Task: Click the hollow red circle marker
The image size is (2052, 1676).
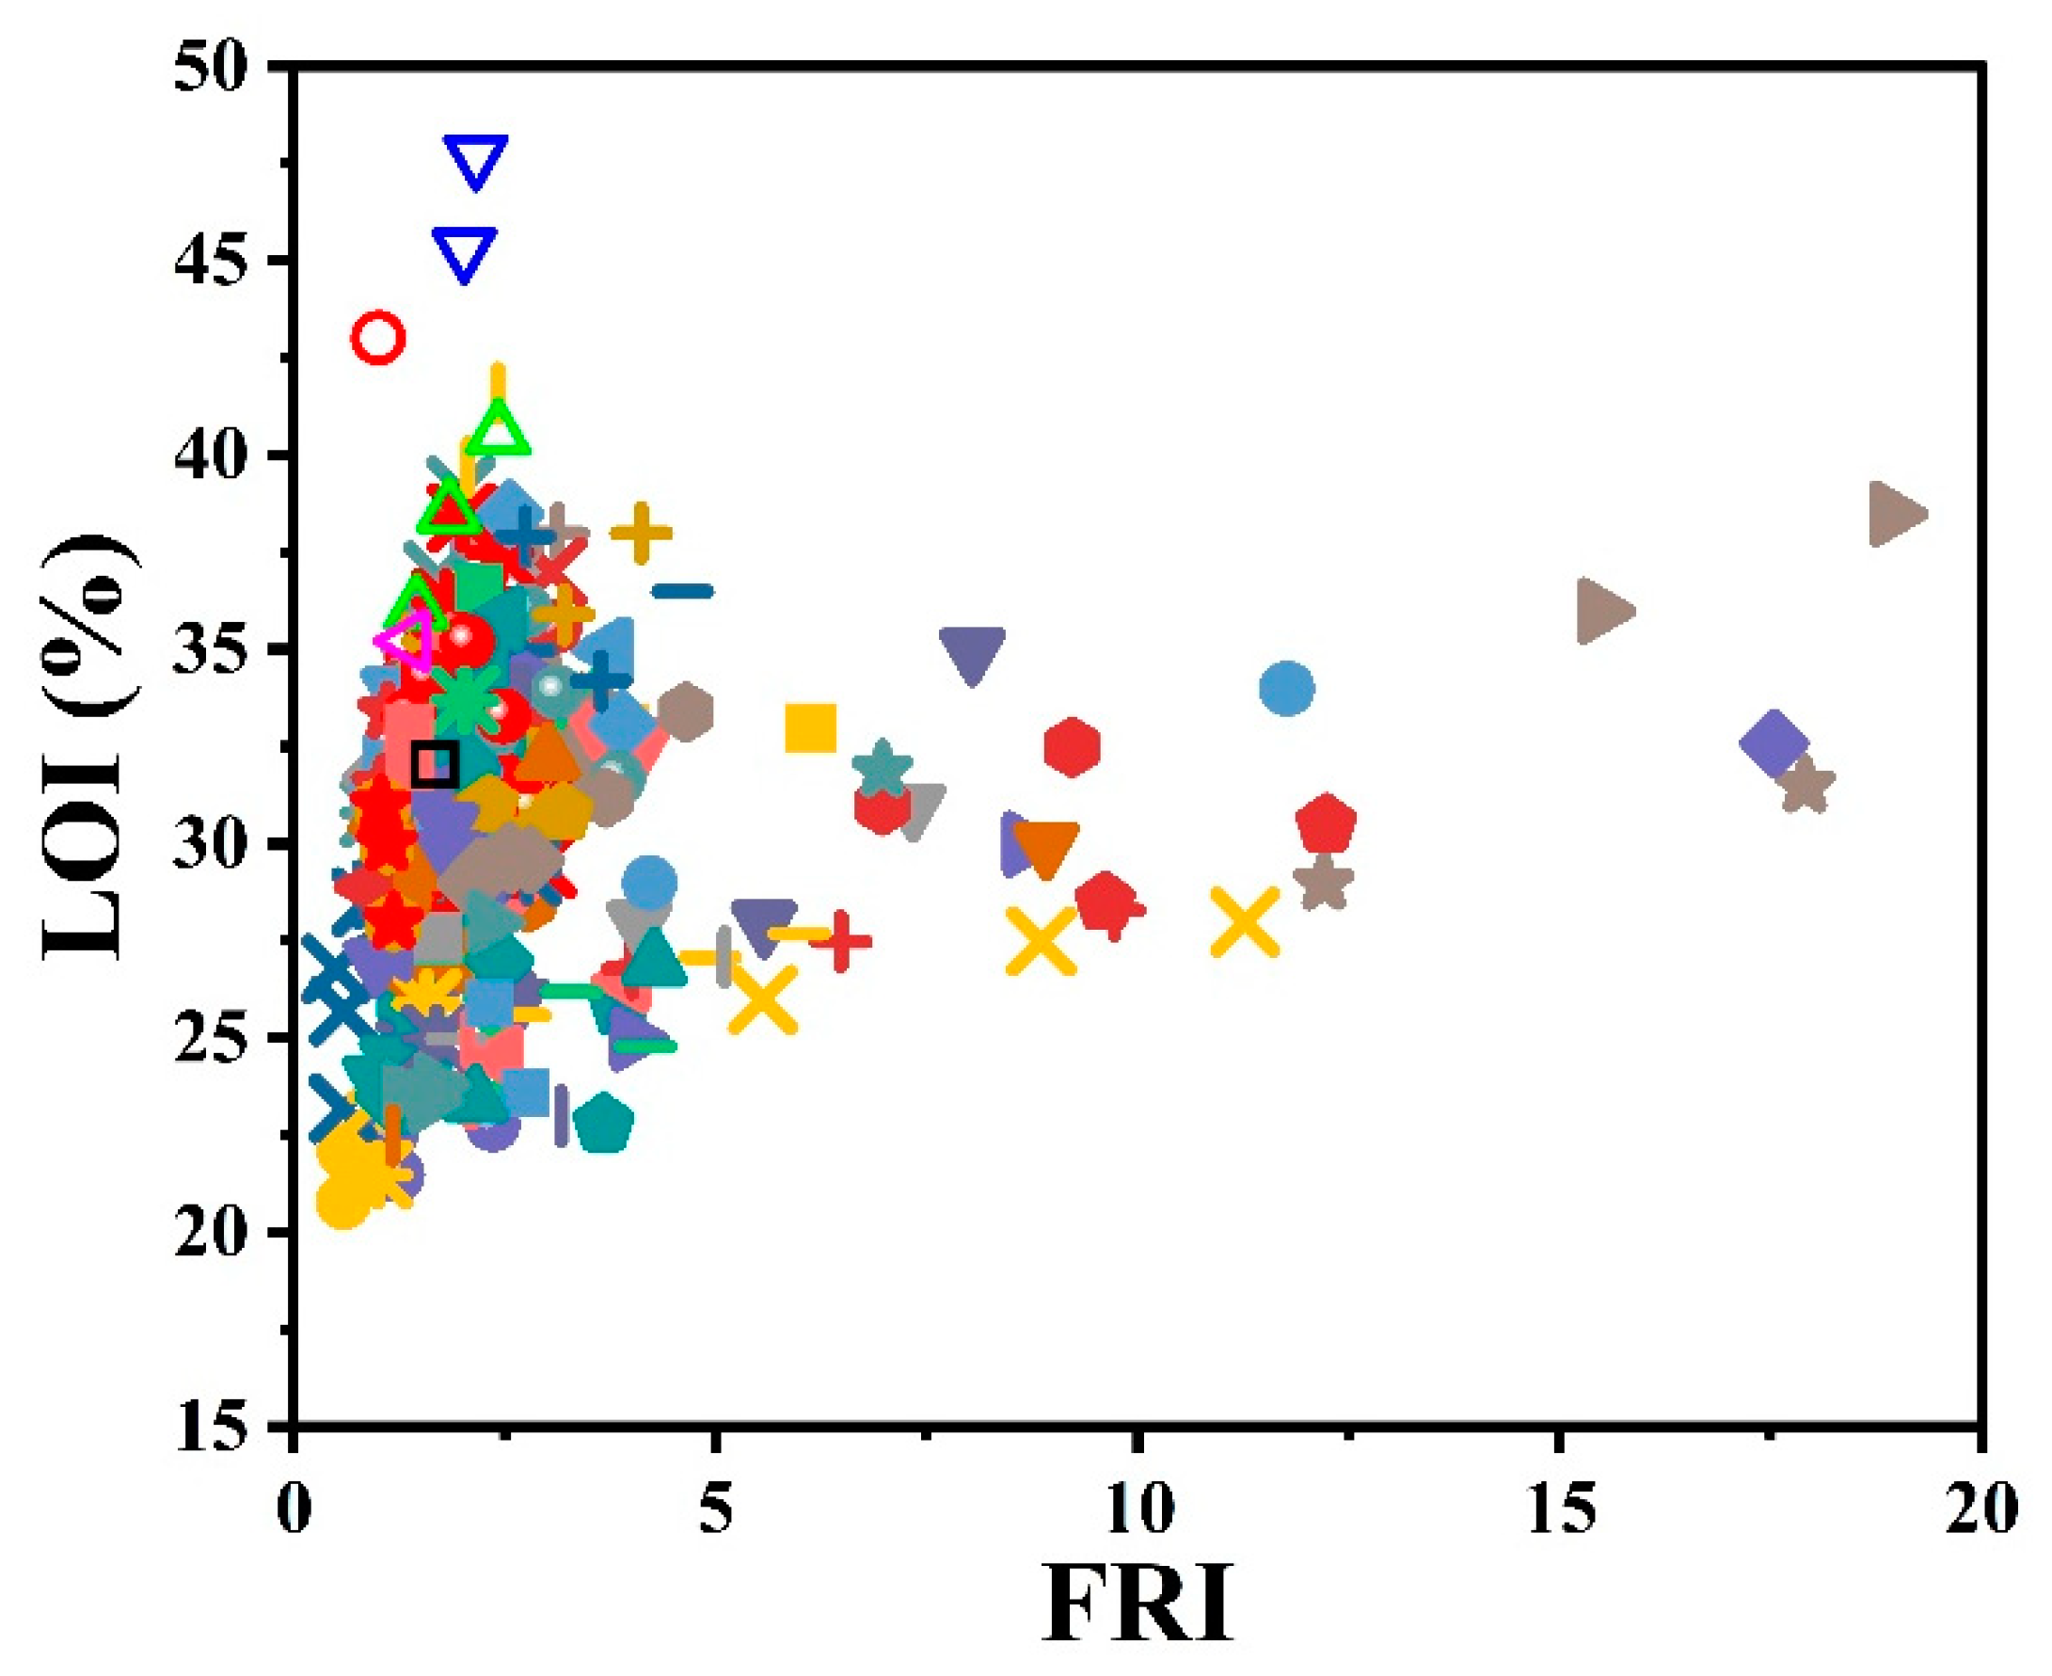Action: [x=377, y=338]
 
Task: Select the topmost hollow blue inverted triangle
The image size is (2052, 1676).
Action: [x=475, y=160]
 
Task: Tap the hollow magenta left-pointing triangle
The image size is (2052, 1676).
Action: [x=406, y=639]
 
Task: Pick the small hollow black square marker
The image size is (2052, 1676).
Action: [x=435, y=765]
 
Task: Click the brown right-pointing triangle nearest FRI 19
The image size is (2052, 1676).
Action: [x=1896, y=514]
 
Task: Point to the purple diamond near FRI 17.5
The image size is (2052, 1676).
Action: [x=1774, y=743]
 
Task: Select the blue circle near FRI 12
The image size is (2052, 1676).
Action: [x=1286, y=688]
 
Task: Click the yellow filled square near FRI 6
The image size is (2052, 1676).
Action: [x=811, y=728]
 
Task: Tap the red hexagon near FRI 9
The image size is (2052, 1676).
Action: [x=1072, y=746]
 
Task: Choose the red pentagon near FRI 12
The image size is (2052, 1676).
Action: [x=1327, y=822]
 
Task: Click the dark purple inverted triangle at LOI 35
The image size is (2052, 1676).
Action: [x=972, y=654]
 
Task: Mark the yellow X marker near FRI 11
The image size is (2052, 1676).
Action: [x=1245, y=922]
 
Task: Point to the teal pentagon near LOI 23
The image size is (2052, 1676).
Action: [x=604, y=1123]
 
